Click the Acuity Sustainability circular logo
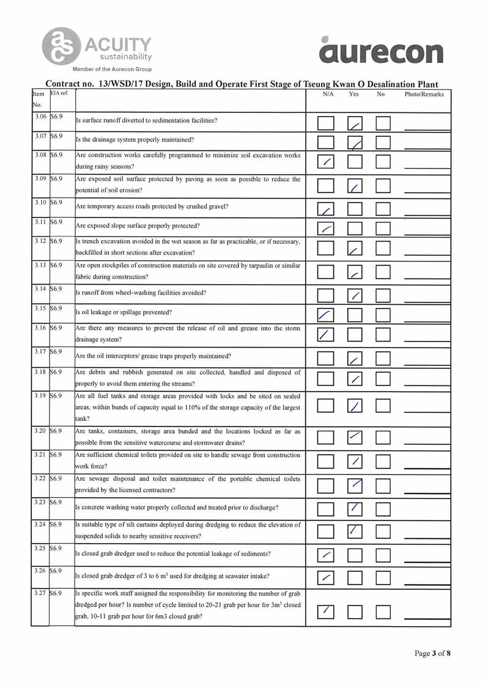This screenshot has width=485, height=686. (x=61, y=45)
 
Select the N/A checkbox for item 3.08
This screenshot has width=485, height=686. (x=326, y=162)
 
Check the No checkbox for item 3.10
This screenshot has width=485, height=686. (x=383, y=210)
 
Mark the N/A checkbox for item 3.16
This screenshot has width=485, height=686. (x=326, y=335)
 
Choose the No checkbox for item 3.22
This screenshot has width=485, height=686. (x=383, y=486)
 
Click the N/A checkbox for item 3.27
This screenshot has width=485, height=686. (x=326, y=610)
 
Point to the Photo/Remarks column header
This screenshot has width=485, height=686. (x=424, y=95)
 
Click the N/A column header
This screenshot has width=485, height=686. (x=328, y=95)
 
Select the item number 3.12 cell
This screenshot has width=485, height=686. (x=39, y=241)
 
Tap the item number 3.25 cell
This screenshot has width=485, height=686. (x=39, y=548)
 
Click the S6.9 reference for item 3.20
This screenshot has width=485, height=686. (x=57, y=431)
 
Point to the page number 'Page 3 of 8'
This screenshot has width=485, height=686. (x=432, y=654)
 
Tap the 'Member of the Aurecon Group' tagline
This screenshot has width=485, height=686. (x=112, y=70)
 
